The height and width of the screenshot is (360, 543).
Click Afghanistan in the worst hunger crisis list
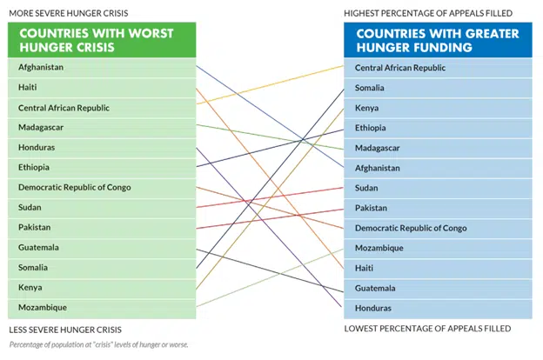[x=41, y=67]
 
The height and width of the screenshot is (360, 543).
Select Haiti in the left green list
[x=29, y=87]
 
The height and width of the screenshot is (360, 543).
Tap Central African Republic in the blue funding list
[x=399, y=68]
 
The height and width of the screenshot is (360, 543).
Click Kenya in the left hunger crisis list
[x=30, y=287]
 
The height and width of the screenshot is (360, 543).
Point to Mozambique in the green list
[x=42, y=307]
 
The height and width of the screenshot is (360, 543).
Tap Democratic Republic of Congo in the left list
[x=72, y=187]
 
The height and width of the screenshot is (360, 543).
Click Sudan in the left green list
[x=30, y=207]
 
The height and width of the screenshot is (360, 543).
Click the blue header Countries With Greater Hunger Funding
[x=438, y=40]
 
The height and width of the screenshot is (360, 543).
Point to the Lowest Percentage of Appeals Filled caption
[x=426, y=329]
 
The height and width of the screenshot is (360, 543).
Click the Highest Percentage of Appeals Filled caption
[x=427, y=13]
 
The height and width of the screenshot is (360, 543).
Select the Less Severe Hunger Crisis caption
[x=64, y=330]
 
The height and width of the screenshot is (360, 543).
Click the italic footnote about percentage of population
[x=98, y=345]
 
